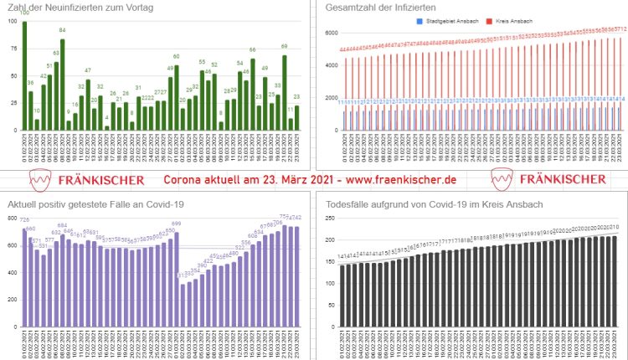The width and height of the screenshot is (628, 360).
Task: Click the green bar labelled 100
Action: tap(24, 75)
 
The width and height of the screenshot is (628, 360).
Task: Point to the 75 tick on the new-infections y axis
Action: tap(11, 49)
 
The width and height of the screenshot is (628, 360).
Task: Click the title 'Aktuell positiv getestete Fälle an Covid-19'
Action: tap(95, 204)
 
